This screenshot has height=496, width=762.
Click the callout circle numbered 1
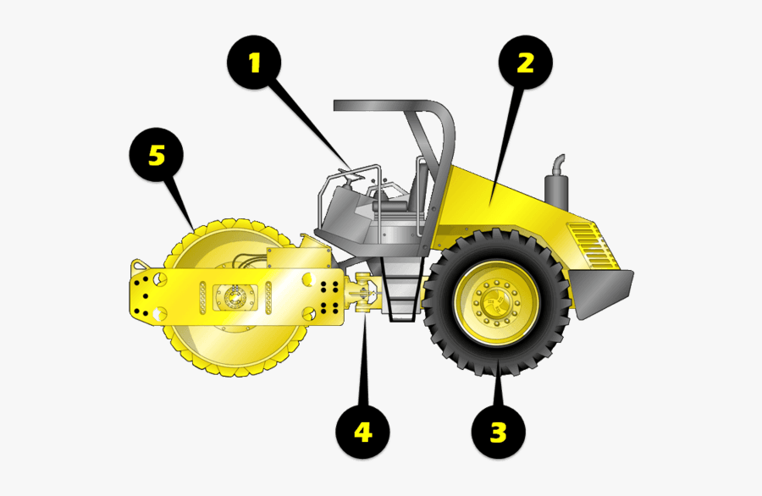click(254, 62)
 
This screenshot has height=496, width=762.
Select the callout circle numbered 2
click(526, 62)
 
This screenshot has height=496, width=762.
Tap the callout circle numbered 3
click(499, 432)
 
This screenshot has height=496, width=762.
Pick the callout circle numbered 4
click(363, 432)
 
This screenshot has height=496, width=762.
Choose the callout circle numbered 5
click(157, 155)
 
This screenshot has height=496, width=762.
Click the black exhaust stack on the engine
click(556, 183)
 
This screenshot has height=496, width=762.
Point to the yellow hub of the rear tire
click(496, 302)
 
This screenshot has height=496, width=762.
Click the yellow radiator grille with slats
click(593, 245)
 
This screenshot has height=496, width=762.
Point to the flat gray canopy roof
click(384, 106)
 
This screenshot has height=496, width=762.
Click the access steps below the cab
click(402, 289)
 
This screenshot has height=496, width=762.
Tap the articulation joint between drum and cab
click(363, 294)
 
